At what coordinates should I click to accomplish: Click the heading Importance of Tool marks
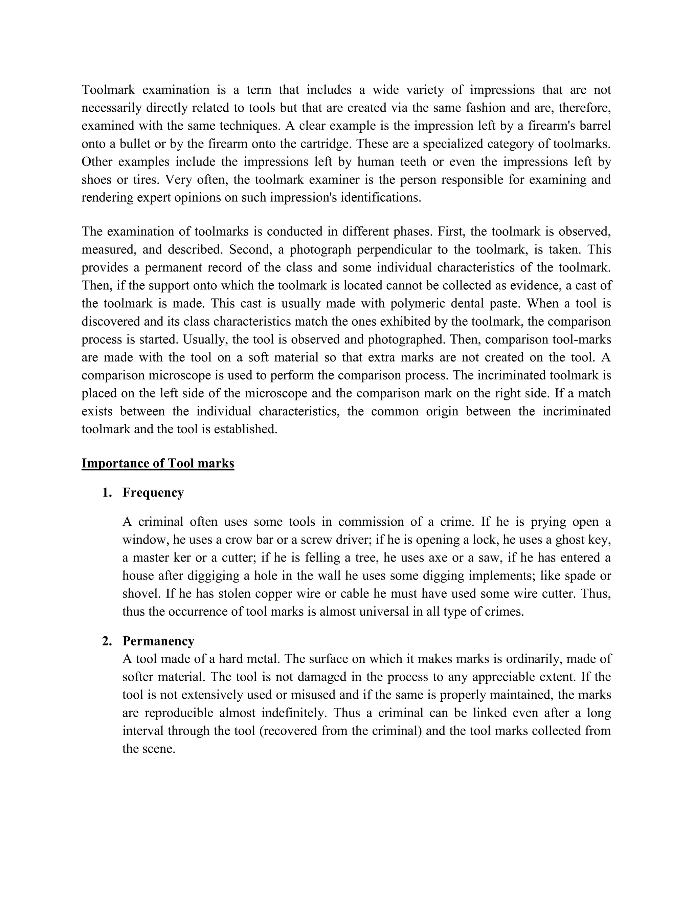coord(158,463)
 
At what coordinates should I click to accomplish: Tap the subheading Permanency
coord(158,641)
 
